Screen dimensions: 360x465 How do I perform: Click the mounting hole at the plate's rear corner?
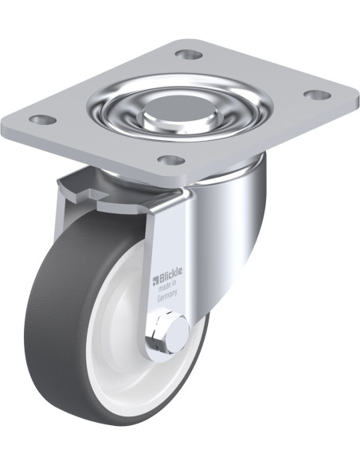click(189, 54)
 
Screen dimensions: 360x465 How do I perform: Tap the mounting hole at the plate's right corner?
click(318, 95)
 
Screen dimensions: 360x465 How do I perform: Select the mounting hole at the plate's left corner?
click(44, 119)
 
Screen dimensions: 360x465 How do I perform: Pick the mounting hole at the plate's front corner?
click(171, 160)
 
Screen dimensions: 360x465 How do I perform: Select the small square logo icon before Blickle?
click(156, 279)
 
